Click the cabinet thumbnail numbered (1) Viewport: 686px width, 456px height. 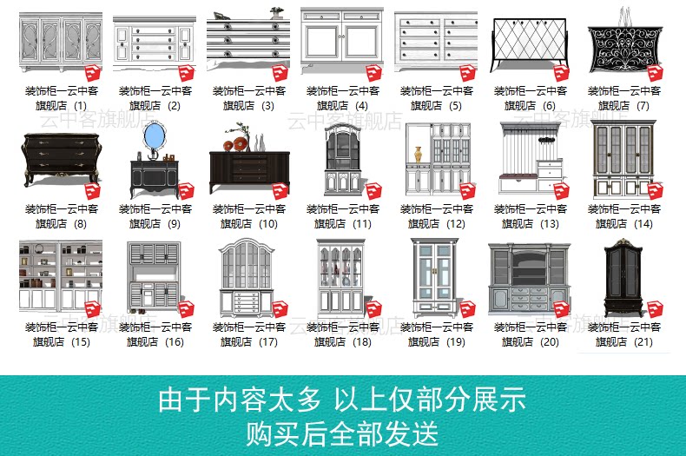point(60,43)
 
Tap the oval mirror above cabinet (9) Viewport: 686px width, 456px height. point(154,135)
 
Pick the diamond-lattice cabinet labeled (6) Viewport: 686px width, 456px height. point(529,43)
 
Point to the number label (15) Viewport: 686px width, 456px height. point(81,342)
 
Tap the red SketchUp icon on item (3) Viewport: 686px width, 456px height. point(280,73)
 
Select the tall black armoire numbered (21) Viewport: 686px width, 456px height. point(623,278)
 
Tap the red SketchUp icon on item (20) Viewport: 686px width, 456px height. point(561,309)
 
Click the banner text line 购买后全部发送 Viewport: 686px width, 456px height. point(342,432)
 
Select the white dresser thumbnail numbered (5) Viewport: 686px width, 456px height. point(435,42)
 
